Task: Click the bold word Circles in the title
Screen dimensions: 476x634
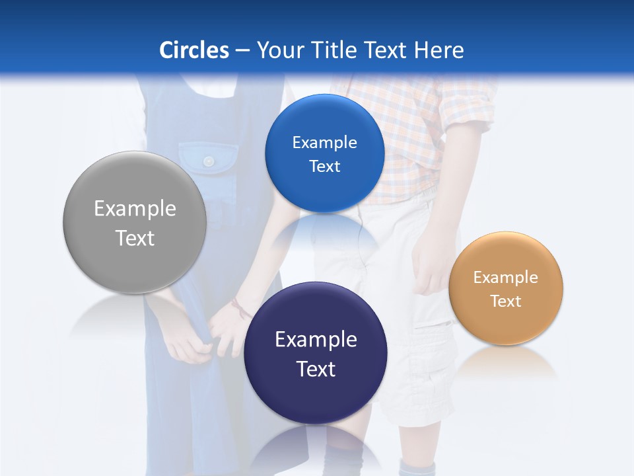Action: click(194, 50)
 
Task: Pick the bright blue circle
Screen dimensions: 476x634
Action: click(324, 192)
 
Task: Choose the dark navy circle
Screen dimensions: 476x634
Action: click(316, 397)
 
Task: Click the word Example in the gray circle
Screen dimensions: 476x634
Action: click(135, 209)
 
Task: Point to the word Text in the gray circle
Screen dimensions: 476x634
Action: click(135, 238)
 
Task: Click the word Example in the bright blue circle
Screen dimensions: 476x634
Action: click(324, 143)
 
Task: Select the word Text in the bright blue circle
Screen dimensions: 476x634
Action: click(324, 167)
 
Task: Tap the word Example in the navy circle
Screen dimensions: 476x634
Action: click(316, 340)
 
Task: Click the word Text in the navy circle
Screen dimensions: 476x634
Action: click(316, 369)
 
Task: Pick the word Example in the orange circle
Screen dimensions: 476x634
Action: click(506, 278)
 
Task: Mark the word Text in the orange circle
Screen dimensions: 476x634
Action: click(506, 301)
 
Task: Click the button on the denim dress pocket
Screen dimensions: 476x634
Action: click(209, 161)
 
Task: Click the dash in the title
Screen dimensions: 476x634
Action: click(242, 50)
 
